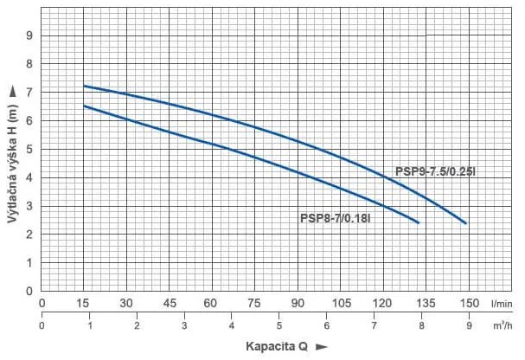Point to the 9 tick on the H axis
coord(29,35)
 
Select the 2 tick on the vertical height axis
coord(29,235)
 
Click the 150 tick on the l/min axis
coord(468,304)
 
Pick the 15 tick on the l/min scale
coord(84,304)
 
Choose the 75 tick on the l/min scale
coord(254,304)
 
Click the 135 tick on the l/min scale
coord(426,304)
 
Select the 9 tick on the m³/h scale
coord(469,325)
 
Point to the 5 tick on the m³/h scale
coord(279,325)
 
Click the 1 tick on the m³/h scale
coord(90,325)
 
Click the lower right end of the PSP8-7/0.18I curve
coord(418,222)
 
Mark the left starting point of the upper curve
coord(84,86)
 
